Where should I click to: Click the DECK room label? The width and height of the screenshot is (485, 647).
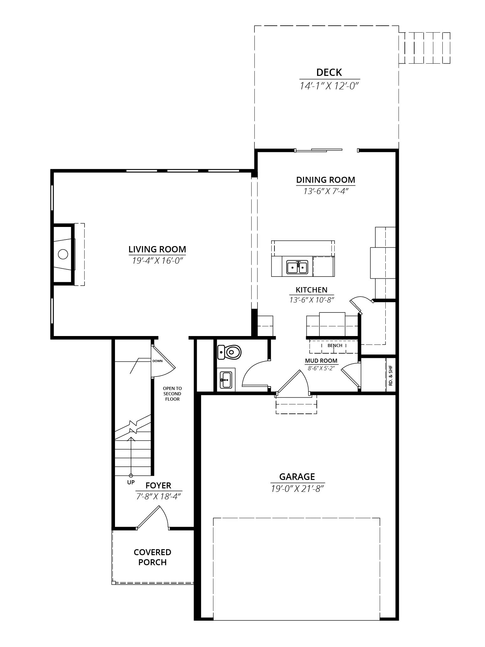click(x=329, y=72)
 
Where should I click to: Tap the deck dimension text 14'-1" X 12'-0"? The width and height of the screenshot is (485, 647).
click(x=329, y=86)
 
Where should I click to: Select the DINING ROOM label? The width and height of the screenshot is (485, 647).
click(x=326, y=180)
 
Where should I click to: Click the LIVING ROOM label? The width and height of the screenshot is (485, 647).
click(x=157, y=249)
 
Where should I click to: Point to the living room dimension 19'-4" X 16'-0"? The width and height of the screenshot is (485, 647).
click(x=157, y=260)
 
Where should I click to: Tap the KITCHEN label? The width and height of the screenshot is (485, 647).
click(x=311, y=290)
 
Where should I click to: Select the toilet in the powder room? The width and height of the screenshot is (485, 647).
click(x=229, y=352)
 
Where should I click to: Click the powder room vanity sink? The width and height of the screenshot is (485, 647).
click(x=226, y=379)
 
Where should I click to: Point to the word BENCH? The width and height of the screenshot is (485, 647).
click(x=335, y=345)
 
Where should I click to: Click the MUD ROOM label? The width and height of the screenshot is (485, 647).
click(x=321, y=361)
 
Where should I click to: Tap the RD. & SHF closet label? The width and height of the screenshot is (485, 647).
click(x=390, y=376)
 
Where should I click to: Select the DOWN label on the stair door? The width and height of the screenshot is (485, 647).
click(x=158, y=361)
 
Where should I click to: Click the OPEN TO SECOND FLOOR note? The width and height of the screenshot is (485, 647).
click(x=172, y=394)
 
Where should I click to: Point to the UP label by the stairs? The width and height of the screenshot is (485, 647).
click(x=131, y=482)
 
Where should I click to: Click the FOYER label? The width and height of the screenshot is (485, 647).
click(x=158, y=486)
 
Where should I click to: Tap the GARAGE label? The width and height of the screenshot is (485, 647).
click(x=297, y=477)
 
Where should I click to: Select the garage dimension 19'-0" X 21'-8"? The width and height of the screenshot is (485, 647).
click(x=297, y=488)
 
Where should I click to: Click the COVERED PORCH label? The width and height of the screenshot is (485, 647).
click(x=153, y=557)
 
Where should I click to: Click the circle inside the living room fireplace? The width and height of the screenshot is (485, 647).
click(x=63, y=254)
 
